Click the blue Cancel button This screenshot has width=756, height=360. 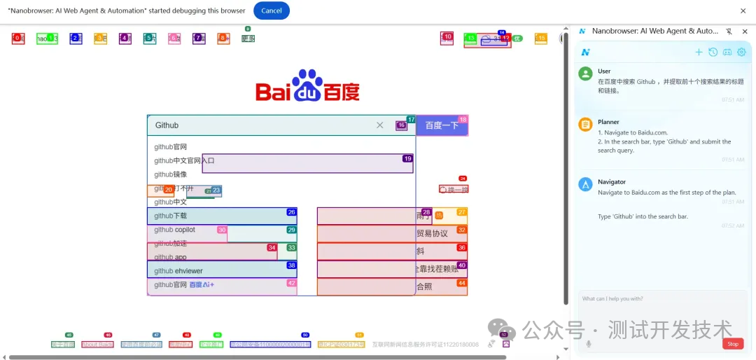[x=271, y=11]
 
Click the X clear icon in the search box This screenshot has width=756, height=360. [x=380, y=125]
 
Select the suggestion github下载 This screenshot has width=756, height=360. [x=171, y=216]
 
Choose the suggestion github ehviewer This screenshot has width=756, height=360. [x=178, y=271]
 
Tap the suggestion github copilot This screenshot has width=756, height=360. [x=174, y=230]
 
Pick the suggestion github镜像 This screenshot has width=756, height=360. [x=171, y=174]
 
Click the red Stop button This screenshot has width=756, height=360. [x=733, y=344]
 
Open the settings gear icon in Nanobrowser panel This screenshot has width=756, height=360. [x=742, y=52]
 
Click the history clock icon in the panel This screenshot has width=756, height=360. [x=713, y=52]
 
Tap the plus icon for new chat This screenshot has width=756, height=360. [x=699, y=52]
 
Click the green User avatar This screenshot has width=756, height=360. [x=586, y=74]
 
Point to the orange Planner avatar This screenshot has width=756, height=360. [x=586, y=125]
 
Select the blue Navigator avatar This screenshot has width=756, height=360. [x=586, y=184]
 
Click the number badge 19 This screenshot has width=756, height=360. [x=407, y=158]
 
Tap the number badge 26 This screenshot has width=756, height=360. [x=291, y=212]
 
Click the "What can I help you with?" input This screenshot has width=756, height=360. [x=661, y=308]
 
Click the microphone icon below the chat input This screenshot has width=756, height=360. [x=589, y=343]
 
